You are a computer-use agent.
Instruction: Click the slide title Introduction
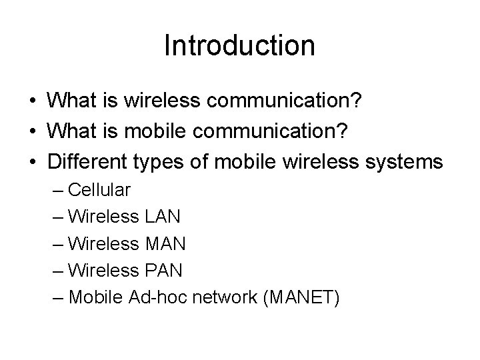click(239, 45)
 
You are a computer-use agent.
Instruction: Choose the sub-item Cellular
click(99, 189)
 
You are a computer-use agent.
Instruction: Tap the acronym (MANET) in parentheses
click(303, 298)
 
